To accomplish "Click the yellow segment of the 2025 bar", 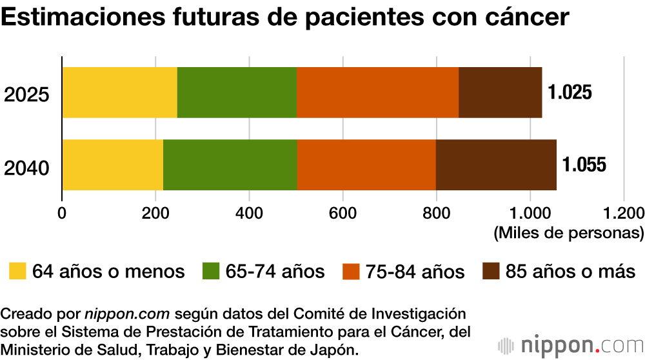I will (119, 92).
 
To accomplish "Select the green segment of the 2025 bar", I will (237, 92).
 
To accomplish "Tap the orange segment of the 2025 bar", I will (377, 92).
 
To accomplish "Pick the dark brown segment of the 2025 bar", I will (500, 92).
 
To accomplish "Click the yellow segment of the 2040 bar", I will (112, 165).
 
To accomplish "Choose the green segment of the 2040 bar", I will (230, 165).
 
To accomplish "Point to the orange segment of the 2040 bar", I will (366, 165).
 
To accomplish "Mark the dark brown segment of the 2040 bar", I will (496, 165).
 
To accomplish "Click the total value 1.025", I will (570, 92).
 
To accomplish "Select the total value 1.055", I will (584, 165).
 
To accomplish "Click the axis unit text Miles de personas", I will (568, 232).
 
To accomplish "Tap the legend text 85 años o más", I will (570, 272).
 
